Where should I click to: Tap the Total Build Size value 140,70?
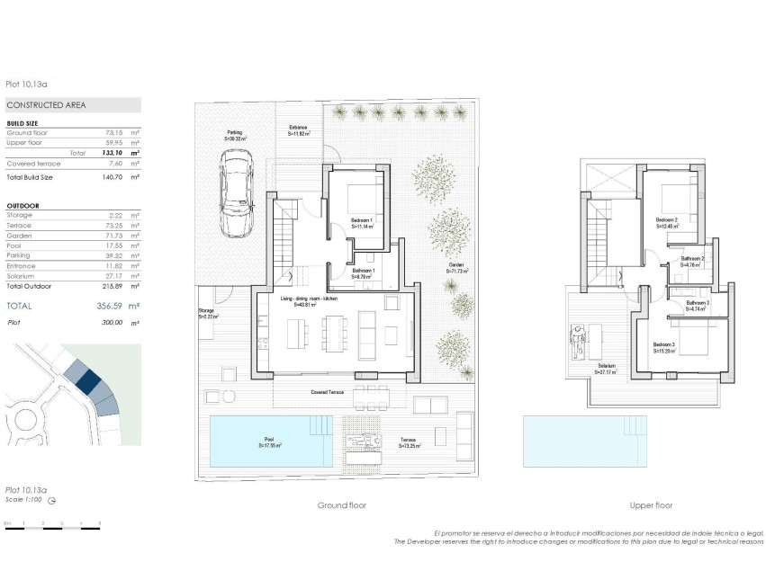pyautogui.click(x=112, y=178)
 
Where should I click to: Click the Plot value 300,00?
pyautogui.click(x=112, y=321)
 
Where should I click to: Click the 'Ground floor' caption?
pyautogui.click(x=341, y=505)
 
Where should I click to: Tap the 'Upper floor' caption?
pyautogui.click(x=652, y=505)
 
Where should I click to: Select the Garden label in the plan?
pyautogui.click(x=457, y=268)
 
